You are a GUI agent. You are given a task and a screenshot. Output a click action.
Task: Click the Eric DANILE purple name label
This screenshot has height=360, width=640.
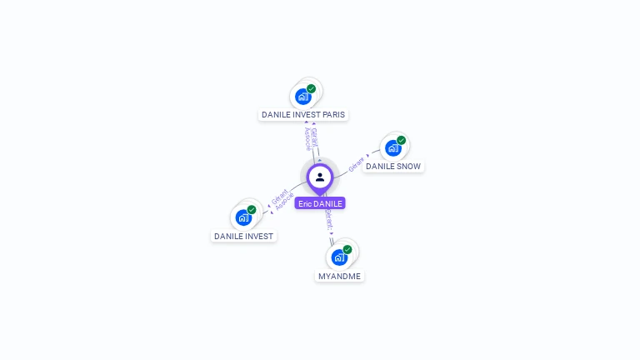tap(320, 203)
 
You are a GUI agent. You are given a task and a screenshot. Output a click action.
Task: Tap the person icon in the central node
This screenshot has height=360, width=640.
tap(320, 177)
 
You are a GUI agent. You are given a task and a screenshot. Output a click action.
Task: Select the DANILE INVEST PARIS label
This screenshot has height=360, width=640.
tap(303, 115)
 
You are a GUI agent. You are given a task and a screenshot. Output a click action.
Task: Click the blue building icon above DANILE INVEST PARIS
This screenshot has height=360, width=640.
tap(303, 97)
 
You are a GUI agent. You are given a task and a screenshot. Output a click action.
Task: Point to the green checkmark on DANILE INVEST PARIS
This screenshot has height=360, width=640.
tap(312, 88)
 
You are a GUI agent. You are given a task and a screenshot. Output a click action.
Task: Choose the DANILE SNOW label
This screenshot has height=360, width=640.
tap(393, 167)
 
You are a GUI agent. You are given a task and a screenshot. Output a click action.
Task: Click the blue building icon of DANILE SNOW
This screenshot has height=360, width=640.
tap(393, 148)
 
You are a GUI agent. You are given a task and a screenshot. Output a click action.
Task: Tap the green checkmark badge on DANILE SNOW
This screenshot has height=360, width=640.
tap(402, 140)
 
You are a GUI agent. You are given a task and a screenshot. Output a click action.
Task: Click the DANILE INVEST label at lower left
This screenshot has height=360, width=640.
tap(243, 236)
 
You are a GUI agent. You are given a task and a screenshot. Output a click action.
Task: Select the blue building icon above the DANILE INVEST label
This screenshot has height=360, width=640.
tap(243, 217)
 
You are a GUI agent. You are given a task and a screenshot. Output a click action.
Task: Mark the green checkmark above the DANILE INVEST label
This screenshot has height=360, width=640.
tap(252, 209)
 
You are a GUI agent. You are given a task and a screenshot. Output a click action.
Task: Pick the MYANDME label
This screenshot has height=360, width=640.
tap(340, 276)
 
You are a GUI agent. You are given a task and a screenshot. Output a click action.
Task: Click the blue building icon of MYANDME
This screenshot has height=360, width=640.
tap(339, 257)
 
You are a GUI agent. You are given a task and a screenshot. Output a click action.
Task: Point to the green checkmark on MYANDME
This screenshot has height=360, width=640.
tap(347, 249)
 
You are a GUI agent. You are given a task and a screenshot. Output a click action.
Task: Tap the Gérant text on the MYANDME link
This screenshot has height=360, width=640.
tap(329, 219)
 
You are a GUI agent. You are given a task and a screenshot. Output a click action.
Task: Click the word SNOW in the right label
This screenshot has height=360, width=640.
tap(408, 167)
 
